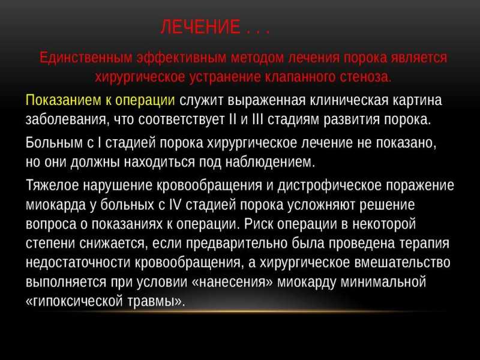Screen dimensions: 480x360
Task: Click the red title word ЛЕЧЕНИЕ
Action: (x=200, y=26)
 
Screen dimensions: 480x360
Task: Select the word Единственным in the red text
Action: (x=86, y=58)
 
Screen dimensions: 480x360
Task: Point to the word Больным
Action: (x=54, y=143)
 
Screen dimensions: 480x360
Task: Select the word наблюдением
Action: (x=270, y=161)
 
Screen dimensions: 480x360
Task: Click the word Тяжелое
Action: (x=52, y=185)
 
